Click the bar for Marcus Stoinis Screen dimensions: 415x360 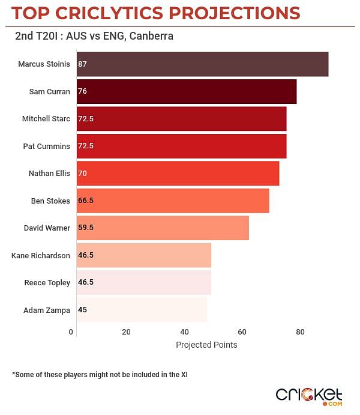click(x=202, y=64)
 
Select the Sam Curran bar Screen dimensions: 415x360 click(x=187, y=91)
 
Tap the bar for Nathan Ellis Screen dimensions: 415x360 click(x=178, y=173)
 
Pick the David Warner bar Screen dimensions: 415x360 click(x=163, y=228)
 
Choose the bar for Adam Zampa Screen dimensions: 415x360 click(x=142, y=310)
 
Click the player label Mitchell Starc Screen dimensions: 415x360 click(x=46, y=119)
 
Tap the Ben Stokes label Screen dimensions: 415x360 click(x=50, y=201)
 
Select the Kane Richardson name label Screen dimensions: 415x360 click(x=41, y=255)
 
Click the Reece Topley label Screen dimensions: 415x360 click(x=47, y=282)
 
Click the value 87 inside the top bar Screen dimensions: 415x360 click(x=82, y=64)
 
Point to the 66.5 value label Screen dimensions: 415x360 click(x=86, y=201)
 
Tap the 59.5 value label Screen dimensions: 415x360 click(x=86, y=228)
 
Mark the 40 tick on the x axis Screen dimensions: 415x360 click(x=184, y=332)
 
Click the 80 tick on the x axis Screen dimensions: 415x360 click(x=300, y=332)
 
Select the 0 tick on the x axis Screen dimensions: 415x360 click(x=71, y=332)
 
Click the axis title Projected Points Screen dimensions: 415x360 click(x=206, y=345)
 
